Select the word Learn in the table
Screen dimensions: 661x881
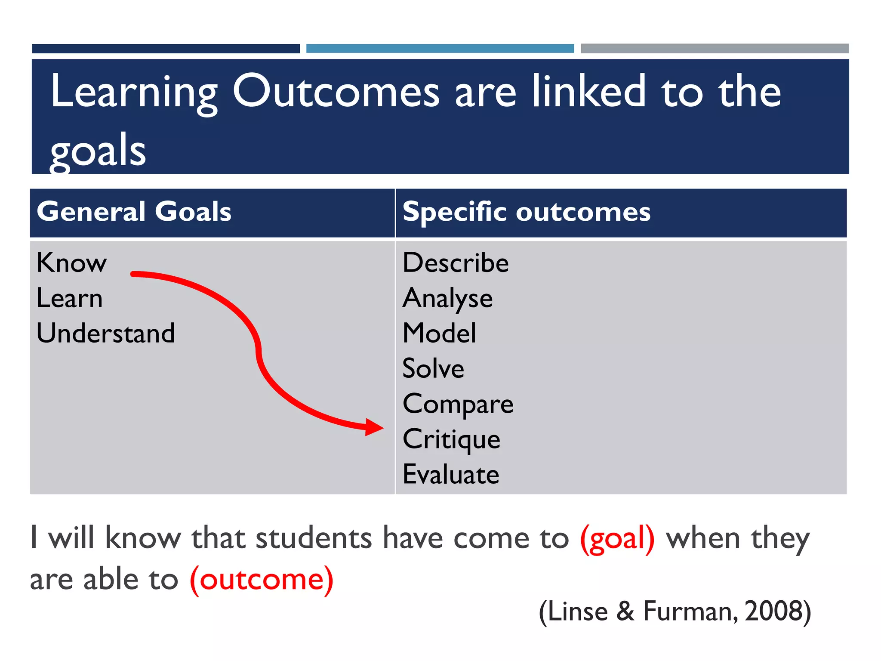pos(70,298)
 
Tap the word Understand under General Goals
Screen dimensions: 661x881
pos(106,333)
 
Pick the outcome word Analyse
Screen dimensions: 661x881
pos(447,298)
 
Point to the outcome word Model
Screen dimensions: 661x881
pos(439,333)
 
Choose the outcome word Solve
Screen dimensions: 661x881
pos(433,368)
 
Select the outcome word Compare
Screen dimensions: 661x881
pos(458,404)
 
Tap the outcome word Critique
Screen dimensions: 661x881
pos(451,439)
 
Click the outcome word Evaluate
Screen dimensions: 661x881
pos(451,474)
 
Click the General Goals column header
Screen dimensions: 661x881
pos(134,212)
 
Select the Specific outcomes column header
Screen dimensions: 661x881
pos(527,212)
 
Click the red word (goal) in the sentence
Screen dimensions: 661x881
pos(617,538)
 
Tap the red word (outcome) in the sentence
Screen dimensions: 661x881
pos(262,579)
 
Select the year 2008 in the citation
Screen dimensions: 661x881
pos(773,611)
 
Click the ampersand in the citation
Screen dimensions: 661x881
pos(625,611)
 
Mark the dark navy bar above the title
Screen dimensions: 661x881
pos(166,49)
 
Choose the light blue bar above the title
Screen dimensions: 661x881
pos(440,49)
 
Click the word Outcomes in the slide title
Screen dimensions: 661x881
pos(336,91)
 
